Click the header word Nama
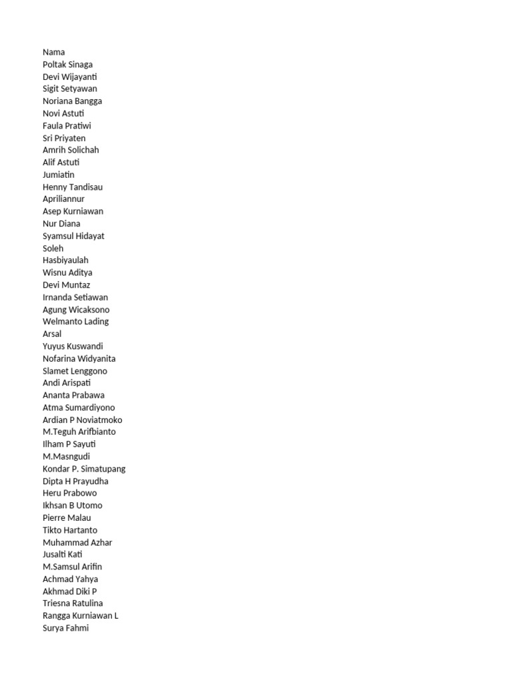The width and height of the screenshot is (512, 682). [x=54, y=52]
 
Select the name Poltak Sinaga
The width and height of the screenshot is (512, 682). [x=67, y=65]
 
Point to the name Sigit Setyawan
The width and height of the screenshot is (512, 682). [x=69, y=89]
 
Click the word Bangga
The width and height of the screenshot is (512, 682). [x=88, y=101]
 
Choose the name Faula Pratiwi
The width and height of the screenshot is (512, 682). [x=67, y=125]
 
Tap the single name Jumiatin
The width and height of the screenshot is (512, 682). [x=59, y=174]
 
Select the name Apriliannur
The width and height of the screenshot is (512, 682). [x=63, y=199]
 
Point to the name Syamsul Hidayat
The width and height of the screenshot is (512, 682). [x=73, y=236]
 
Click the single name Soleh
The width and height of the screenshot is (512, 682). [x=53, y=248]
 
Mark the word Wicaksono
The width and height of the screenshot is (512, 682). [x=89, y=310]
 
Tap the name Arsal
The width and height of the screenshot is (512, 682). [x=52, y=334]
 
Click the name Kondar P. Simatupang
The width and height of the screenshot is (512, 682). [x=84, y=469]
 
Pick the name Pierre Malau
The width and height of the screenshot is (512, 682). [x=67, y=517]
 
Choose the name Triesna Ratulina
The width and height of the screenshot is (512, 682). [x=73, y=603]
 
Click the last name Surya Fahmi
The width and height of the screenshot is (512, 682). [x=65, y=628]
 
